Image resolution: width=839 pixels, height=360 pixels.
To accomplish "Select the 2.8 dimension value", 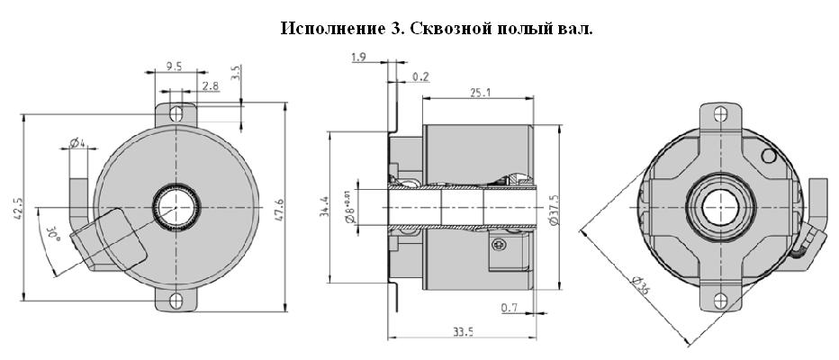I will [210, 85].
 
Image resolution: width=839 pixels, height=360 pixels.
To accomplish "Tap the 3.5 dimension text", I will [235, 73].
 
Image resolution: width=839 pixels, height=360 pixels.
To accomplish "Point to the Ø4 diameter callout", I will [77, 143].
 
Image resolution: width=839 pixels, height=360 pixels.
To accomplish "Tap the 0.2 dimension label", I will [420, 77].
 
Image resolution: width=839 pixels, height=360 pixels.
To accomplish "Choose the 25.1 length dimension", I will [479, 92].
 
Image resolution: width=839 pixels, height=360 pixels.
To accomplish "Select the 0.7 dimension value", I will [509, 310].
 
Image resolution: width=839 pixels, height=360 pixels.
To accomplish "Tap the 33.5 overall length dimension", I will [462, 332].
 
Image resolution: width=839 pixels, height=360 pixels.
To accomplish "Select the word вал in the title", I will [575, 29].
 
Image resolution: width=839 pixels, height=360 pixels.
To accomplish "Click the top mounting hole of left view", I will [177, 114].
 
